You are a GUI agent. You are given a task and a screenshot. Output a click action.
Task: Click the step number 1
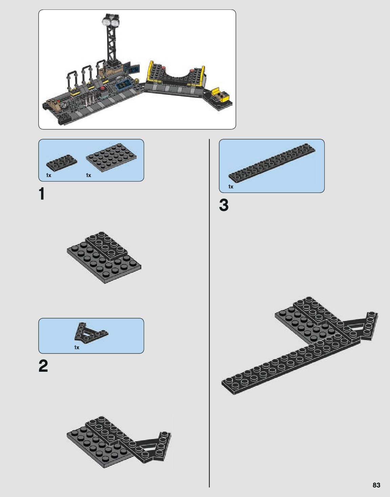[x=42, y=194]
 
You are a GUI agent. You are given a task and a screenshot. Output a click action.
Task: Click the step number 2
[x=43, y=366]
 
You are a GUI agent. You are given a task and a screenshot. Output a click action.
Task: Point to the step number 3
[x=224, y=205]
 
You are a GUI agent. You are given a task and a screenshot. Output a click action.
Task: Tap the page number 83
[x=376, y=485]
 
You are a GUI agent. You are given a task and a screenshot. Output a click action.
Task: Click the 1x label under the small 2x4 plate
[x=48, y=175]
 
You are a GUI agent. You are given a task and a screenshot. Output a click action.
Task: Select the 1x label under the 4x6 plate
[x=88, y=175]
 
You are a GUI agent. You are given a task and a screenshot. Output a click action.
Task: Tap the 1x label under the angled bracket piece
[x=77, y=347]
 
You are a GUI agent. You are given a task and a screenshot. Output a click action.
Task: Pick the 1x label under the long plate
[x=231, y=187]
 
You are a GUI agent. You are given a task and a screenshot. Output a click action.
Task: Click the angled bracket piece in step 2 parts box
[x=90, y=333]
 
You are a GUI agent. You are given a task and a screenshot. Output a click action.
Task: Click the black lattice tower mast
[x=111, y=43]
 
